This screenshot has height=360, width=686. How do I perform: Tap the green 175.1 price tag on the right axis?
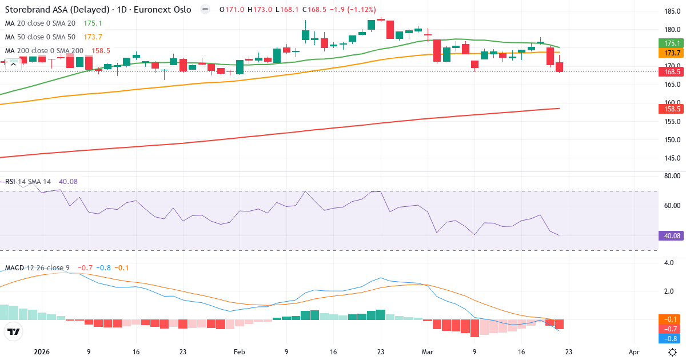672,43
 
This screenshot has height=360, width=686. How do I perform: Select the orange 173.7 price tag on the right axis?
672,53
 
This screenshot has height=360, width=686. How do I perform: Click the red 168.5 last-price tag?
672,72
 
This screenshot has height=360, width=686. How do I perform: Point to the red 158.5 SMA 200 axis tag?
672,109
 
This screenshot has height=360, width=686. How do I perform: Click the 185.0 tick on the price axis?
672,11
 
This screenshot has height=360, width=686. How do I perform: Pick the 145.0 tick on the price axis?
672,158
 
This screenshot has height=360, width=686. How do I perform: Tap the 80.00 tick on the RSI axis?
672,176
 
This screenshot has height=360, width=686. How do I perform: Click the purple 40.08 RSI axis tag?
672,235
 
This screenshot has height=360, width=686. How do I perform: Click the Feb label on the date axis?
240,352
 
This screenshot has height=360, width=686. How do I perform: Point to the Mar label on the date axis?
428,352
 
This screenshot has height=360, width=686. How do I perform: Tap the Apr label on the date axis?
634,352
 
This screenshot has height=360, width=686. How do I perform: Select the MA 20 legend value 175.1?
93,23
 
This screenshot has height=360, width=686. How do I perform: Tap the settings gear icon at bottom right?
673,352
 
